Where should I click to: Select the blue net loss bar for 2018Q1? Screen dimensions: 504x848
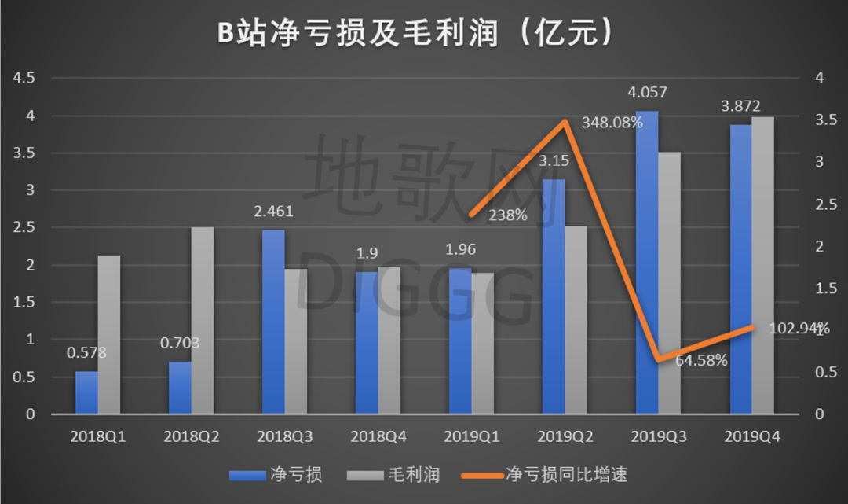(86, 392)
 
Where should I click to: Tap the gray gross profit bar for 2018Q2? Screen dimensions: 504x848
(202, 320)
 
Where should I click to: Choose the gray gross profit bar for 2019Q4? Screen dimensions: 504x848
(762, 265)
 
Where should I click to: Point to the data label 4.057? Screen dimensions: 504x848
(647, 93)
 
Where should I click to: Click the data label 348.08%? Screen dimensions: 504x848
(612, 123)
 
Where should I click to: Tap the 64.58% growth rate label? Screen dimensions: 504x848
(700, 361)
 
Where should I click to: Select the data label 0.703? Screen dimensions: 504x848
(180, 343)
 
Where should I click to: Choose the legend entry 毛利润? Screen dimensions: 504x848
(413, 475)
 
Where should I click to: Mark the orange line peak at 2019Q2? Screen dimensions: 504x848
(565, 122)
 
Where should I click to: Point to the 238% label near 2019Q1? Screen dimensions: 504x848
(507, 214)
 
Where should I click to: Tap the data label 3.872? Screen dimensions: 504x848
(740, 106)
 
